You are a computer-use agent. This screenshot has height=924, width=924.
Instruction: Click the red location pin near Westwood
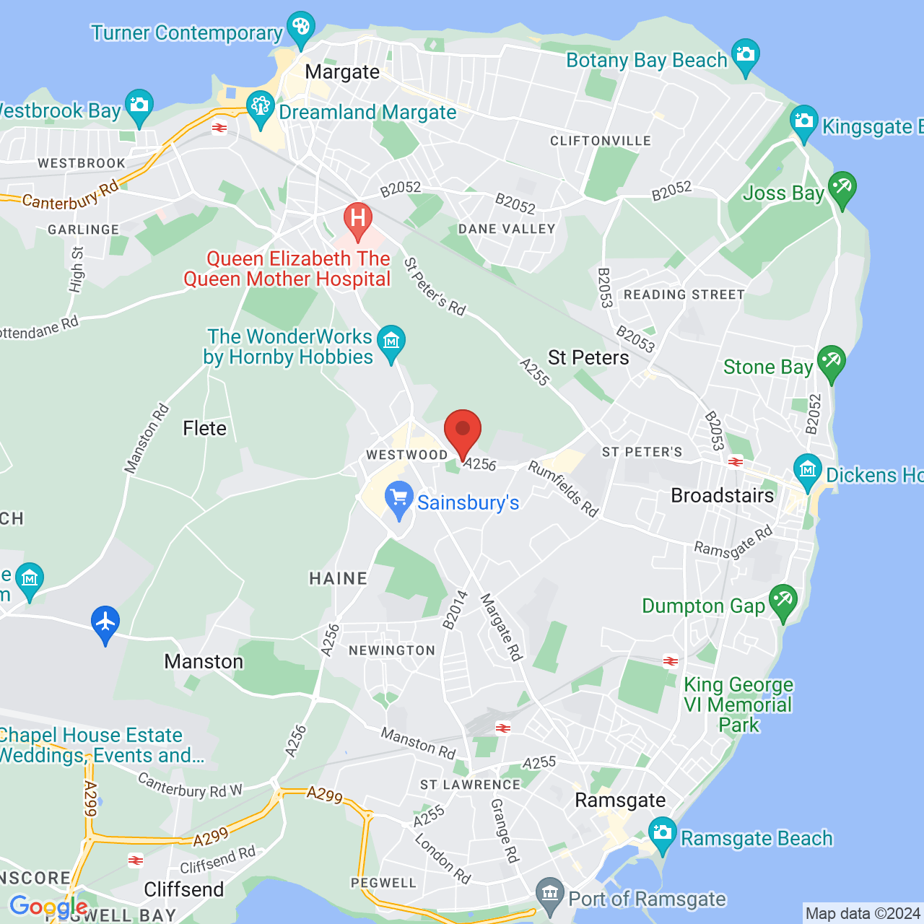[462, 432]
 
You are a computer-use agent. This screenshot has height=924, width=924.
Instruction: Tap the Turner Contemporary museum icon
[300, 27]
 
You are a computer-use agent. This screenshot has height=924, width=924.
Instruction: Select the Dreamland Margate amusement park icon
[260, 107]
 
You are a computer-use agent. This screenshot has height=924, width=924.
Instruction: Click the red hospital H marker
[357, 218]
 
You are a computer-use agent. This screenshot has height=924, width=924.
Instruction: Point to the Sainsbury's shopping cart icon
[398, 499]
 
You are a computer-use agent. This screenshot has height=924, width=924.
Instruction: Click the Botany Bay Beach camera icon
[745, 55]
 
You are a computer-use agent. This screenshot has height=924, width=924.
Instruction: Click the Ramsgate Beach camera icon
[662, 833]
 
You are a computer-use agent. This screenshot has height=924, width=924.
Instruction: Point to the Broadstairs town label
[722, 495]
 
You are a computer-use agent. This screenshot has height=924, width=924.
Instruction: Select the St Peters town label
[588, 357]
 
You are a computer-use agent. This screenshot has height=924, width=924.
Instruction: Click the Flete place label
[204, 428]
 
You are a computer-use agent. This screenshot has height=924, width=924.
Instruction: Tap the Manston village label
[204, 661]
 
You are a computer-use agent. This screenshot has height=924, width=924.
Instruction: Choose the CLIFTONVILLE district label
[601, 141]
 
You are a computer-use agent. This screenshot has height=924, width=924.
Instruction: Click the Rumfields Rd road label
[563, 489]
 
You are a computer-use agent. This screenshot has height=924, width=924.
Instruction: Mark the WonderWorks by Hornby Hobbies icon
[391, 342]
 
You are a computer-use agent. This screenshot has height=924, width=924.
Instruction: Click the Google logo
[48, 907]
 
